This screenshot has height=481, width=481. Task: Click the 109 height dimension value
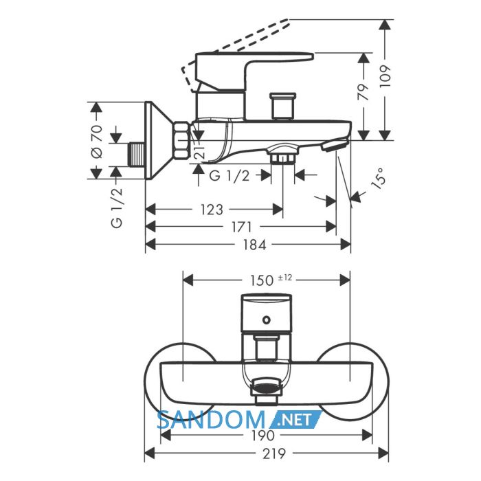(385, 76)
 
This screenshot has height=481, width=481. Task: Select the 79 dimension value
(363, 91)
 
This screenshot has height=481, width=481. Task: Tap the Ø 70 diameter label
(98, 142)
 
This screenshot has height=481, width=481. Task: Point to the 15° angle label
(378, 178)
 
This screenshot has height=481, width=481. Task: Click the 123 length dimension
(212, 210)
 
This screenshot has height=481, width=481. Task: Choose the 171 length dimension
(241, 227)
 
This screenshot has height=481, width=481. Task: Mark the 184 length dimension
(254, 245)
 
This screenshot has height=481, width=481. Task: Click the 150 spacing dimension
(262, 280)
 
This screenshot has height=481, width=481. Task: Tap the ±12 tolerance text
(285, 278)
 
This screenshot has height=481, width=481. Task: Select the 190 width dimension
(263, 435)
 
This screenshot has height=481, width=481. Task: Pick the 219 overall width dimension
(274, 454)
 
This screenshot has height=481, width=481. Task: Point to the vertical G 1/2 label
(117, 208)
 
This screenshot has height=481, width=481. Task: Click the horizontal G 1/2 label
(229, 176)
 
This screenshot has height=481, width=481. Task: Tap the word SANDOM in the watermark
(211, 420)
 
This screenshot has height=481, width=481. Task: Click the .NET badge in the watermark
(295, 420)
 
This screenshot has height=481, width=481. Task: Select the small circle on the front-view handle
(267, 320)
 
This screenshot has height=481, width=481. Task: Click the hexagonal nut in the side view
(181, 140)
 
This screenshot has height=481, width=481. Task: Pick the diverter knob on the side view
(282, 106)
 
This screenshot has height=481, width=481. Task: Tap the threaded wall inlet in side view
(137, 155)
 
